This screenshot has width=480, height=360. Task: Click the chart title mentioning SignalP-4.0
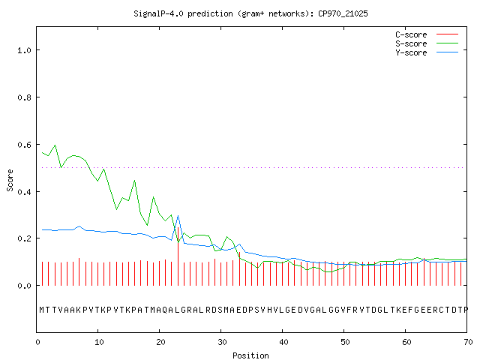click(250, 13)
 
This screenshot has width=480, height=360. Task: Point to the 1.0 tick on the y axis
click(24, 50)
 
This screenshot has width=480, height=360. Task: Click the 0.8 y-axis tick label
click(24, 97)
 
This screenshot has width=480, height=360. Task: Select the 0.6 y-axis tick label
click(24, 145)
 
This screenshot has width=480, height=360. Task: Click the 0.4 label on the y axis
click(24, 192)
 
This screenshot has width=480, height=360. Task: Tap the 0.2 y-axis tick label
click(24, 238)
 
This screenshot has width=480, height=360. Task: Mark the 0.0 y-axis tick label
click(24, 286)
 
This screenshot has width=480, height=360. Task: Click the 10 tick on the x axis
click(99, 342)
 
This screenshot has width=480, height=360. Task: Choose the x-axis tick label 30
click(222, 342)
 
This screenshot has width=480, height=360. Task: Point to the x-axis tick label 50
click(345, 342)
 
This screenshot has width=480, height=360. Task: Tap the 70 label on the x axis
click(468, 342)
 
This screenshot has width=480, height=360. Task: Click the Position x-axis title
click(250, 355)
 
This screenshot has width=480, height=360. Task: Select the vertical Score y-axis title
click(10, 180)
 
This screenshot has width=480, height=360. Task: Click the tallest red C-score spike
click(178, 256)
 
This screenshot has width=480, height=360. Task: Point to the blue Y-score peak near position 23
click(178, 216)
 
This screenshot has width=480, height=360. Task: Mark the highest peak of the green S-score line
click(55, 145)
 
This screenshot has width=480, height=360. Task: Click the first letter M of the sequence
click(42, 310)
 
